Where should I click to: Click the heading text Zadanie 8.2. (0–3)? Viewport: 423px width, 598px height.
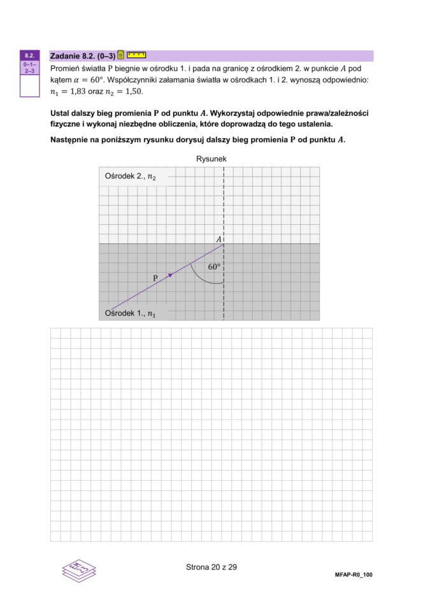point(82,56)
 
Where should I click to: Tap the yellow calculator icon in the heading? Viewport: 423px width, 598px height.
point(121,55)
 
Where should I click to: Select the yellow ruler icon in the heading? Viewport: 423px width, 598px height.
point(136,55)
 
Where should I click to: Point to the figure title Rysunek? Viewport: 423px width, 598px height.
point(211,159)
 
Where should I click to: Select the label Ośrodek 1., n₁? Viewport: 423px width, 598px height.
point(130,313)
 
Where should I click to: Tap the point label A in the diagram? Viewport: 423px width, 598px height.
point(219,239)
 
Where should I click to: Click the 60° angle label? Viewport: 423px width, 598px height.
point(215,267)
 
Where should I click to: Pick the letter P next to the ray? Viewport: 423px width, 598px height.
point(155,278)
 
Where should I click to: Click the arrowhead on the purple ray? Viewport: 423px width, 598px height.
point(170,274)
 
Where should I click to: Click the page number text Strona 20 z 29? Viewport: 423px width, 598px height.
point(211,567)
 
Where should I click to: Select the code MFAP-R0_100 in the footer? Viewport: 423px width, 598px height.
point(353,574)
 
